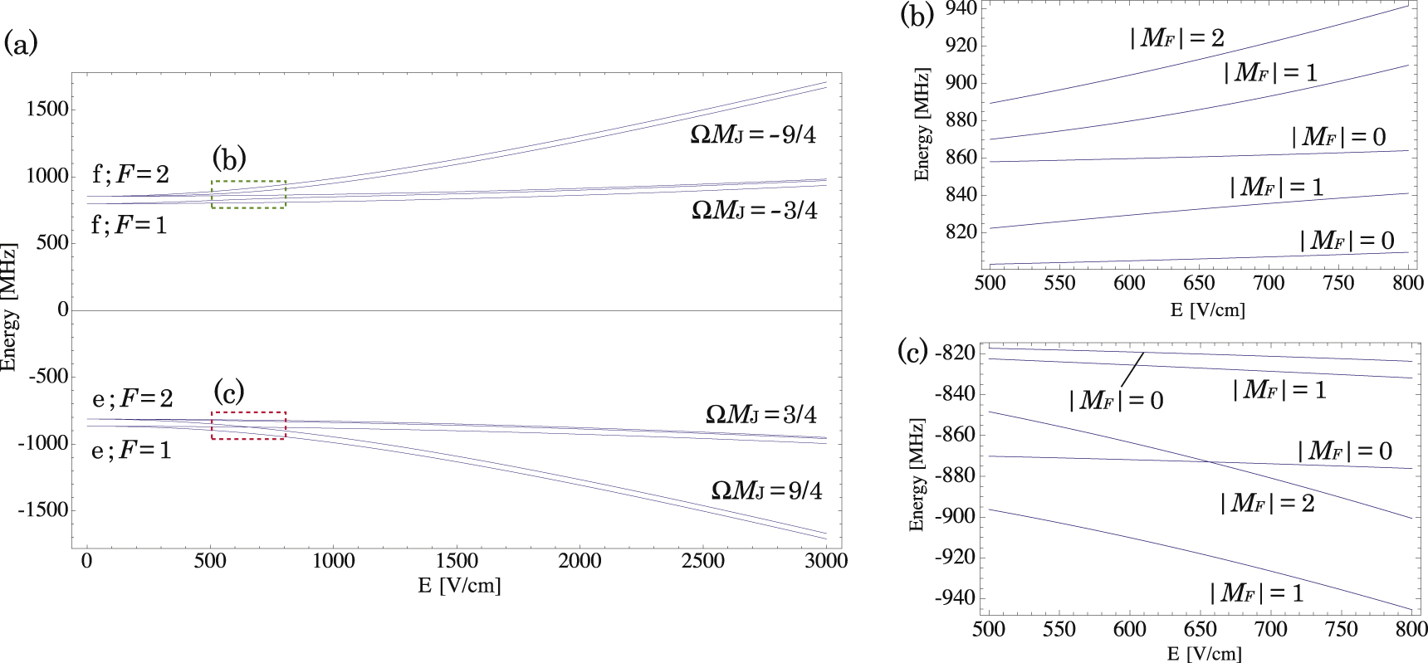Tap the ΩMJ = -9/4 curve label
(x=753, y=135)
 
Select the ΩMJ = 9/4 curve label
(x=766, y=491)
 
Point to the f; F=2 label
(x=130, y=175)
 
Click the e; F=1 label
(x=131, y=451)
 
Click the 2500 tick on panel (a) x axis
(x=702, y=562)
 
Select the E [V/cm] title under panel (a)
(x=459, y=586)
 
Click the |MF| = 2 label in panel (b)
(x=1176, y=38)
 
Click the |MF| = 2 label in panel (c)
(x=1267, y=504)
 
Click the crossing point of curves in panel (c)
(x=1211, y=462)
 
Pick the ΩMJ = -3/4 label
(x=754, y=212)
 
